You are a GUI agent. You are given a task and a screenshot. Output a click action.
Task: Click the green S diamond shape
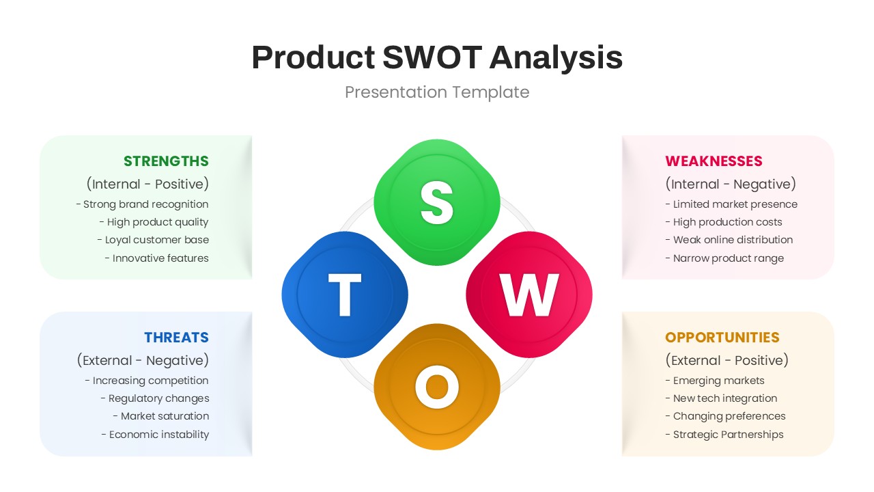pos(437,202)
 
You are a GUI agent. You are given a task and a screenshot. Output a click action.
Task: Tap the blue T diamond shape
pos(345,295)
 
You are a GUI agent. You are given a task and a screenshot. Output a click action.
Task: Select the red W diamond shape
pos(529,295)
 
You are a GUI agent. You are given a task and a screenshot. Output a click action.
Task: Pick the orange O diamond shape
pos(437,387)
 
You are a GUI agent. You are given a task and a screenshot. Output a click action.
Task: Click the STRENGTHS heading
pos(166,161)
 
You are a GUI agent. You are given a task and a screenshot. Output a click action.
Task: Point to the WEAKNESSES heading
pos(714,161)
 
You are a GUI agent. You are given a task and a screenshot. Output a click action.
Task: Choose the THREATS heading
pos(176,338)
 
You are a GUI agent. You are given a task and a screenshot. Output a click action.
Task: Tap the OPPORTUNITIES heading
pos(722,338)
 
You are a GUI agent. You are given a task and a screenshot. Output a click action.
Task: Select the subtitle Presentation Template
pos(437,92)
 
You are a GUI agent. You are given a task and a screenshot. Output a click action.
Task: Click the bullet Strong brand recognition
pos(142,204)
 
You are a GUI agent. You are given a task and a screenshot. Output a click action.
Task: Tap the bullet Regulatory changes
pos(155,398)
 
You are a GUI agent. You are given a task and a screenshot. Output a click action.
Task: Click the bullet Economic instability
pos(155,435)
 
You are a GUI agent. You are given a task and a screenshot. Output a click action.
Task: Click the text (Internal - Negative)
pos(731,184)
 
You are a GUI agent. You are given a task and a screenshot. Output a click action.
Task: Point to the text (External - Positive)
pos(727,360)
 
